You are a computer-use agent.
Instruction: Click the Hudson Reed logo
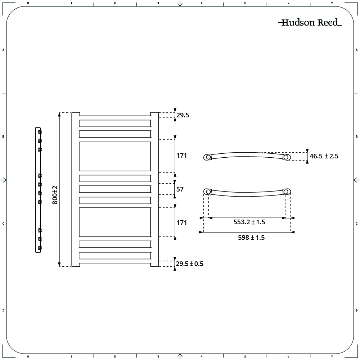[x=310, y=22]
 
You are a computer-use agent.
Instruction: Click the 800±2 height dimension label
[x=55, y=195]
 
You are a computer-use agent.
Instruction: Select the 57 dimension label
[x=180, y=189]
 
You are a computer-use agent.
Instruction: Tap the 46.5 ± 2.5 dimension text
[x=324, y=156]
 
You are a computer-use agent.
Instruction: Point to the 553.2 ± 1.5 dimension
[x=249, y=222]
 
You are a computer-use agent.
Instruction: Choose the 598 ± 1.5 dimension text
[x=251, y=237]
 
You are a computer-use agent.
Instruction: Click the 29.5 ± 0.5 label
[x=190, y=264]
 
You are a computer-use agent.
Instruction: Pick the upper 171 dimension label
[x=181, y=156]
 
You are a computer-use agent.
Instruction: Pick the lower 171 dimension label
[x=181, y=223]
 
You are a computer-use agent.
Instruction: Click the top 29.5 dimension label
[x=183, y=115]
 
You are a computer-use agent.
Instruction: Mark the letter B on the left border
[x=3, y=137]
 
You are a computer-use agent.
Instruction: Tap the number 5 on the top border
[x=245, y=4]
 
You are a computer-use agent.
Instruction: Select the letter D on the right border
[x=356, y=310]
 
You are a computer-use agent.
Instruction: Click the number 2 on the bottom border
[x=115, y=356]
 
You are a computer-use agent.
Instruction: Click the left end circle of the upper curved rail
[x=208, y=157]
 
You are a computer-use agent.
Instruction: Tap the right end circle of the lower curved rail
[x=286, y=192]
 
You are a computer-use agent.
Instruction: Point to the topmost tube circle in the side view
[x=40, y=132]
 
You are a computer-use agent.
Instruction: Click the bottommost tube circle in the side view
[x=40, y=248]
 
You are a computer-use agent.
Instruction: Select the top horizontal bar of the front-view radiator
[x=115, y=123]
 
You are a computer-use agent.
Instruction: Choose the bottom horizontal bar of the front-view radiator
[x=115, y=256]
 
